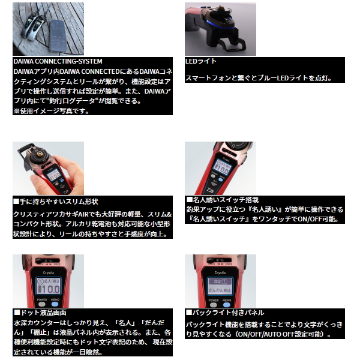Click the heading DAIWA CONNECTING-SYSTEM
[58, 61]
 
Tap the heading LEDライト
[202, 61]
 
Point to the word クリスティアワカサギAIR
[50, 214]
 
